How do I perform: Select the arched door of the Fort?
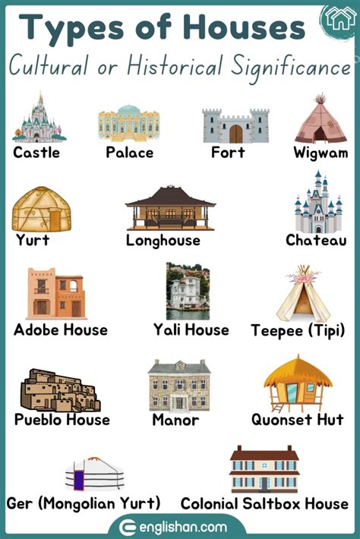click(236, 134)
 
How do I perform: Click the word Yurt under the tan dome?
click(33, 240)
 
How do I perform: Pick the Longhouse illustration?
click(170, 207)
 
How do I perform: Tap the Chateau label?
click(316, 240)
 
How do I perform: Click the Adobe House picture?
click(55, 293)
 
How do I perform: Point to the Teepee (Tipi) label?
click(298, 330)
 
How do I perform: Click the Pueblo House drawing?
click(59, 389)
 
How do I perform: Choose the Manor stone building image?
click(179, 386)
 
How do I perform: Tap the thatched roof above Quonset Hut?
click(298, 371)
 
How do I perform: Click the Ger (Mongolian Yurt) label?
click(84, 503)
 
